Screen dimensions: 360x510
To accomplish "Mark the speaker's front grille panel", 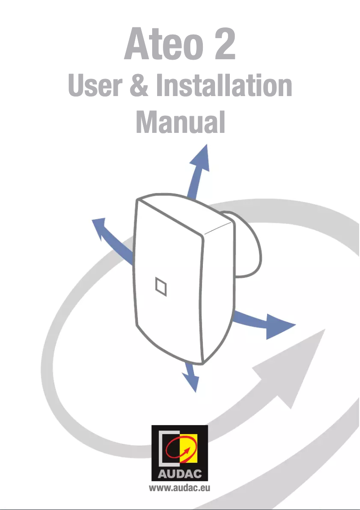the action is [168, 287].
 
